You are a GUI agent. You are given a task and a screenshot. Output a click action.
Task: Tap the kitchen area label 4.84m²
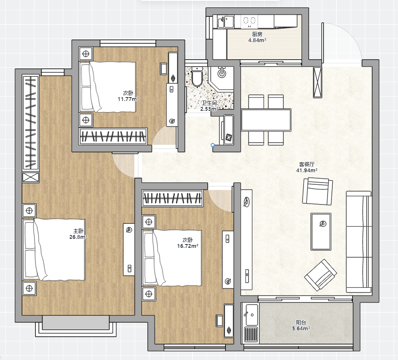(x=257, y=40)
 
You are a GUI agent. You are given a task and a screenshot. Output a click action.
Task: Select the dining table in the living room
(x=266, y=120)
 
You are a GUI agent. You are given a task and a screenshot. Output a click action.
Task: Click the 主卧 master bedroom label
(x=78, y=231)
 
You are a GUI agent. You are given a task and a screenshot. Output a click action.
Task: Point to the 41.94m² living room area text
(x=307, y=171)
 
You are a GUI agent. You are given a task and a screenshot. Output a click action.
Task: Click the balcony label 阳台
(x=301, y=322)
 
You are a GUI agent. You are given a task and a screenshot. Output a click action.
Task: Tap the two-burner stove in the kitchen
(x=249, y=21)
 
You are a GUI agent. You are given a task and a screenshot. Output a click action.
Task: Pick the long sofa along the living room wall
(x=359, y=241)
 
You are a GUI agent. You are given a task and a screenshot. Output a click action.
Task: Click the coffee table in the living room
(x=321, y=232)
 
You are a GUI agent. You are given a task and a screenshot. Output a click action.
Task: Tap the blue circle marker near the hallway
(x=213, y=145)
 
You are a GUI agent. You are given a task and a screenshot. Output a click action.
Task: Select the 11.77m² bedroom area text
(x=128, y=99)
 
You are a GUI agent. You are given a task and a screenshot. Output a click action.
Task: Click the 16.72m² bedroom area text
(x=188, y=246)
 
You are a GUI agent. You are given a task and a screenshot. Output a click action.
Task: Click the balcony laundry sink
(x=251, y=315)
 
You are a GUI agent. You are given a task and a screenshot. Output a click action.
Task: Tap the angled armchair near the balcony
(x=321, y=275)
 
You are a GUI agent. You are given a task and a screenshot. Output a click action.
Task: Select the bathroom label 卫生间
(x=209, y=103)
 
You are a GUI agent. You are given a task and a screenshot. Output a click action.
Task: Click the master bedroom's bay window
(x=76, y=326)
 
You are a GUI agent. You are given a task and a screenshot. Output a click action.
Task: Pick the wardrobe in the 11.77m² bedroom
(x=113, y=137)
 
